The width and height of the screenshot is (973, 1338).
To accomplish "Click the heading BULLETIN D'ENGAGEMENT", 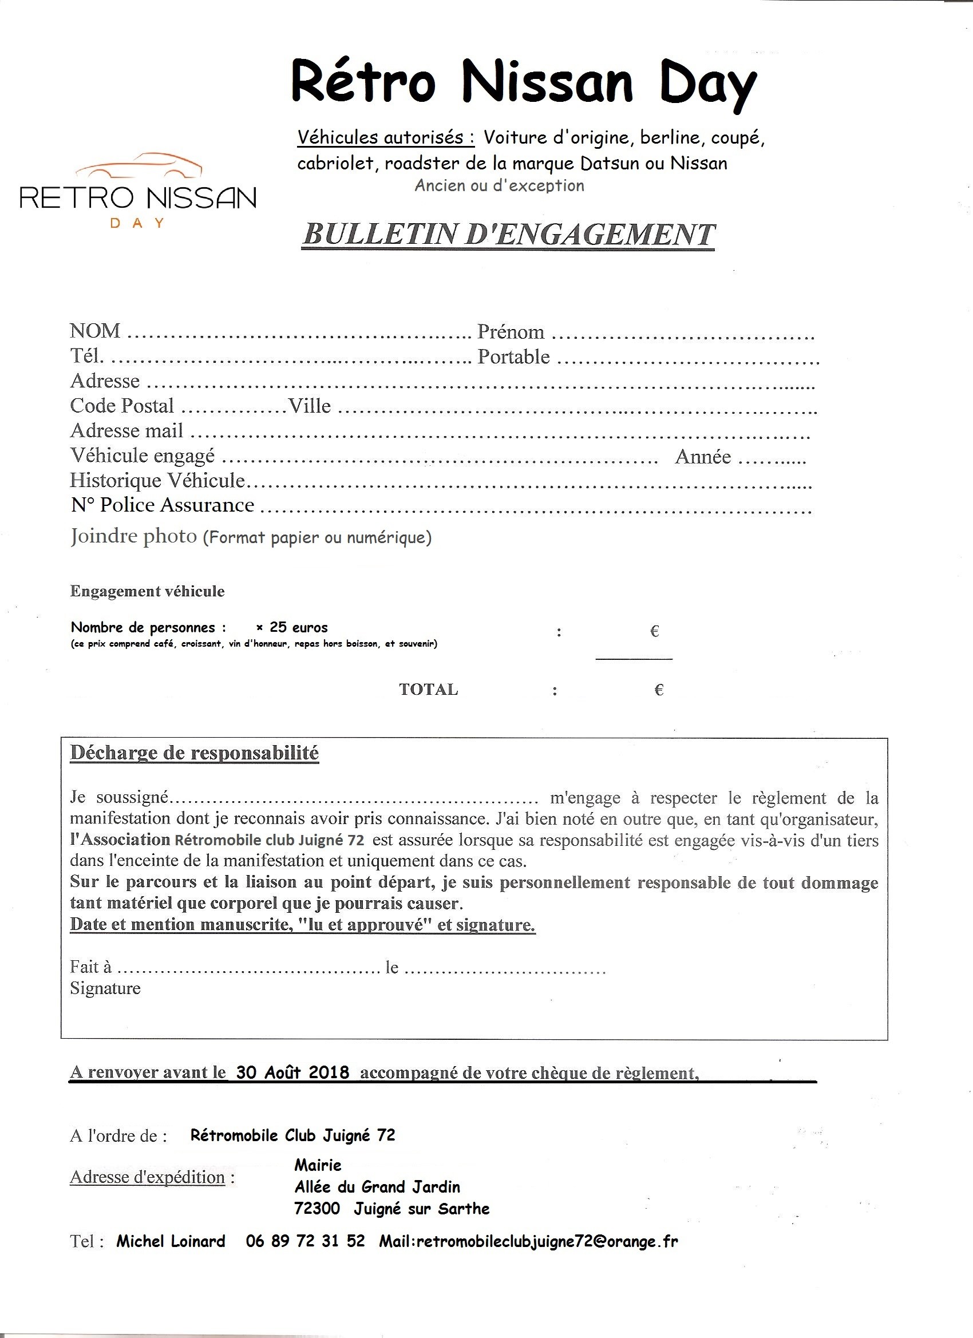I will [x=508, y=235].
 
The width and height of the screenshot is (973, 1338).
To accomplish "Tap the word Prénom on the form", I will [x=511, y=332].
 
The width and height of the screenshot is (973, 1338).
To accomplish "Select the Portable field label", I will [x=513, y=357].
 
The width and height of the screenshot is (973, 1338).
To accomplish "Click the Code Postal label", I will [x=122, y=406].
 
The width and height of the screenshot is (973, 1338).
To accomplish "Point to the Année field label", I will [x=703, y=457].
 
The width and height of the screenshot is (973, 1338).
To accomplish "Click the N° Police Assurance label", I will [x=163, y=505].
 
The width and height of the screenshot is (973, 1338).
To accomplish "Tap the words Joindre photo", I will [x=134, y=536].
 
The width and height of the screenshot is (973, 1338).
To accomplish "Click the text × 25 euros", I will [x=292, y=627].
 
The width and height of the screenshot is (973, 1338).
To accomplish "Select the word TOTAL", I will [x=428, y=690].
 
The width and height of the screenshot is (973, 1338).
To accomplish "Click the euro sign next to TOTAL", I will [x=659, y=690].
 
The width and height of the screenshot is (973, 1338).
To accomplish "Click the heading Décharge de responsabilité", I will [x=194, y=753].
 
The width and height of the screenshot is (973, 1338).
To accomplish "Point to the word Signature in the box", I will [x=105, y=988].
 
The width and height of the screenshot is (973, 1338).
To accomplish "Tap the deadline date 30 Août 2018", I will [x=292, y=1072].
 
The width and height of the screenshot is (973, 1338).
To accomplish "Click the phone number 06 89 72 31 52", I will [x=305, y=1241].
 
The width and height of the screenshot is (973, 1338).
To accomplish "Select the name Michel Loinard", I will [x=171, y=1241].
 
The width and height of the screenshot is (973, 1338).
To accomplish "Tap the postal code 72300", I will [x=317, y=1209].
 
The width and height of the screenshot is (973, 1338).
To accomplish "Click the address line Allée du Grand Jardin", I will [x=377, y=1186].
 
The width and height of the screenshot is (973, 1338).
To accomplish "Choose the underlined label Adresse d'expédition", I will [x=148, y=1178].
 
